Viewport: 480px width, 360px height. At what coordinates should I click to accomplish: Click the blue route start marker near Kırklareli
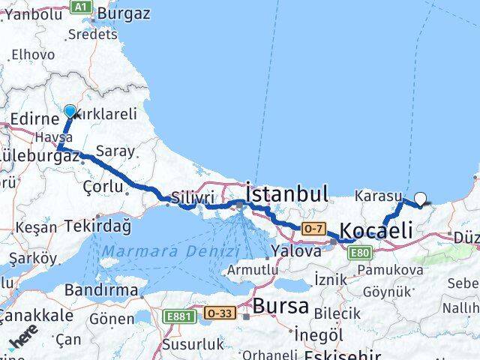(70, 112)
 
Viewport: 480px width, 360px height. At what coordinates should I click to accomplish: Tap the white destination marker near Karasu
(420, 199)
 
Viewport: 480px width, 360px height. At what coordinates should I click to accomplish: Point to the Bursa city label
(280, 305)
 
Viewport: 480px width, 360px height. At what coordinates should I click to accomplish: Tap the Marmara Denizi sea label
(171, 251)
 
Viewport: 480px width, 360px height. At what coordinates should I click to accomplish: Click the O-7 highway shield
(313, 227)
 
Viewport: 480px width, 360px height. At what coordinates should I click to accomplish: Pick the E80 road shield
(361, 253)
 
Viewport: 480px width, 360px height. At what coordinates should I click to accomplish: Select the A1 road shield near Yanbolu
(80, 7)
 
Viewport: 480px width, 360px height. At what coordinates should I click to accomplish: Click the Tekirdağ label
(97, 225)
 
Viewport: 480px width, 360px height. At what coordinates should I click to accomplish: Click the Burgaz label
(124, 13)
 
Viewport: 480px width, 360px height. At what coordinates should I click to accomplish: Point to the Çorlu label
(103, 184)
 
